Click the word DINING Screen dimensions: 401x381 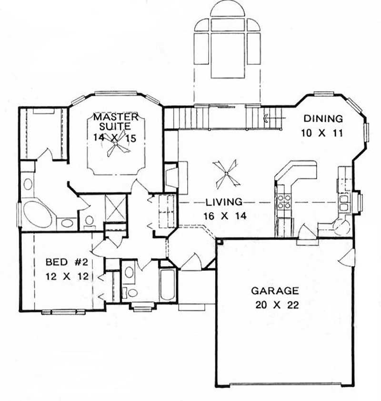tap(323, 119)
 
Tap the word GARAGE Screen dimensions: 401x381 tap(275, 290)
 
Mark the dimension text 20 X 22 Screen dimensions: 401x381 tap(275, 306)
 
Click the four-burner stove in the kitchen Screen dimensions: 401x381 tap(284, 202)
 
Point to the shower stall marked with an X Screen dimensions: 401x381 tap(116, 208)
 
